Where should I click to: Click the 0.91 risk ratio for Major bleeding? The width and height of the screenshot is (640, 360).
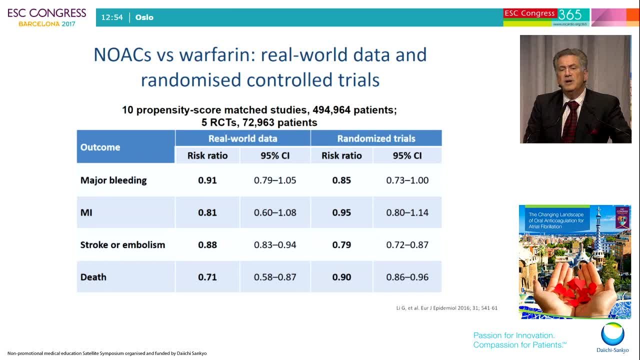pyautogui.click(x=207, y=180)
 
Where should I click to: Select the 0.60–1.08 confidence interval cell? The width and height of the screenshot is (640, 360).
pyautogui.click(x=275, y=212)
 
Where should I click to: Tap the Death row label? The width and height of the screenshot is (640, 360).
pyautogui.click(x=93, y=277)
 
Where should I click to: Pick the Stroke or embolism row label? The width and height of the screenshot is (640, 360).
pyautogui.click(x=122, y=245)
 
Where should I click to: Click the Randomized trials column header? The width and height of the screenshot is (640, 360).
pyautogui.click(x=376, y=138)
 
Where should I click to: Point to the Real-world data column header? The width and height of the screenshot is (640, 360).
pyautogui.click(x=242, y=138)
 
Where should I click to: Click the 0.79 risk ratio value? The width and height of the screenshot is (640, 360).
pyautogui.click(x=341, y=245)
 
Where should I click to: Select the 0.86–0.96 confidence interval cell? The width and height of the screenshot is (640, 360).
pyautogui.click(x=407, y=277)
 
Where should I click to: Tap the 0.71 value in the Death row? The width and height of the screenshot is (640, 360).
pyautogui.click(x=207, y=277)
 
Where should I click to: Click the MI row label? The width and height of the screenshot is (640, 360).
pyautogui.click(x=86, y=212)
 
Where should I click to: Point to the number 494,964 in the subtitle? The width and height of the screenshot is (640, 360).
pyautogui.click(x=331, y=110)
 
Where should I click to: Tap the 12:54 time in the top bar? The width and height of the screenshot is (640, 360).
pyautogui.click(x=112, y=17)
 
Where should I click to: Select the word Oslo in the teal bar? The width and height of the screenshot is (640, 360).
pyautogui.click(x=144, y=17)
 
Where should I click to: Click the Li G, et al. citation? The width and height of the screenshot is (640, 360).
pyautogui.click(x=447, y=308)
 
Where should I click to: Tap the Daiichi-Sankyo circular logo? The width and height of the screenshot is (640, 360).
pyautogui.click(x=612, y=334)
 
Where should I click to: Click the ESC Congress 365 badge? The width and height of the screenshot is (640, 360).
pyautogui.click(x=546, y=17)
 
